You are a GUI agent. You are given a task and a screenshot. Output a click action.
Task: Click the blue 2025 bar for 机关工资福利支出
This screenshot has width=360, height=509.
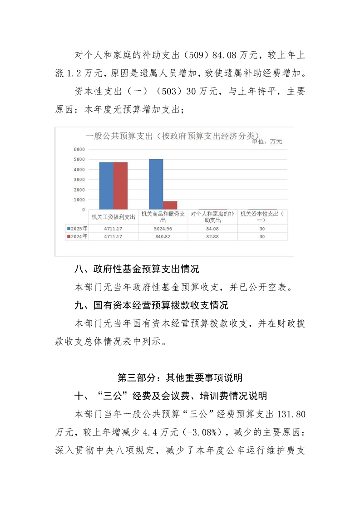click(106, 186)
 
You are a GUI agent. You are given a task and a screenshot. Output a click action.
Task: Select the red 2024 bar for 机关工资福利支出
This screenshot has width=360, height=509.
click(120, 186)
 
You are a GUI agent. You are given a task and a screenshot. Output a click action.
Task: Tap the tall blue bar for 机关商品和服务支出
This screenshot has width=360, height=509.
click(156, 184)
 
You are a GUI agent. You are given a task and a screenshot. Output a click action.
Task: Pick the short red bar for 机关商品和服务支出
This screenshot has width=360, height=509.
click(170, 205)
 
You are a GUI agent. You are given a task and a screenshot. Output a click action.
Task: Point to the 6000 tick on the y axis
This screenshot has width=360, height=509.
click(79, 149)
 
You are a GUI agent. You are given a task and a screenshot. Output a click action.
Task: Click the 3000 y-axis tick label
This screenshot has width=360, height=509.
click(79, 180)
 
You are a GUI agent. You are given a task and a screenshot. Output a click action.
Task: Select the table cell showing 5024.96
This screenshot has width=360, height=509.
click(163, 229)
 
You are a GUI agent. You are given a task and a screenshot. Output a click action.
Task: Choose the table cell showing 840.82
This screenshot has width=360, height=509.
click(163, 236)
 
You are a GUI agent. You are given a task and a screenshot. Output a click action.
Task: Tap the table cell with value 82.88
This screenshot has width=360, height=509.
click(212, 236)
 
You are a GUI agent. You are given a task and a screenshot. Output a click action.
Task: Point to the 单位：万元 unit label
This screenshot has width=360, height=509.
click(267, 141)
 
